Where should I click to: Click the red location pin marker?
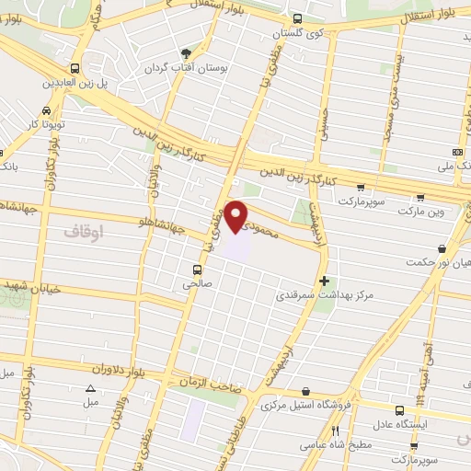coord(237,215)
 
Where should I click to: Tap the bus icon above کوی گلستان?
coord(296,18)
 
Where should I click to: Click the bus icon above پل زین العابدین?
coord(75,68)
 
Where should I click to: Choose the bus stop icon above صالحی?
coord(197,270)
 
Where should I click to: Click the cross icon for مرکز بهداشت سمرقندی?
coord(323,281)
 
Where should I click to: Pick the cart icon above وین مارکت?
coord(420,197)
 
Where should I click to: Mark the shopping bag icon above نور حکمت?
coord(442,247)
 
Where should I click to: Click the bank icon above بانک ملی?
coord(457,152)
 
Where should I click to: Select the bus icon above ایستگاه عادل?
coord(398,410)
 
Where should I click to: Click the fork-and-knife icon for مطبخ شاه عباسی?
coord(336,431)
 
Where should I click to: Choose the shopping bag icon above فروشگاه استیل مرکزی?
coord(303,390)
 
